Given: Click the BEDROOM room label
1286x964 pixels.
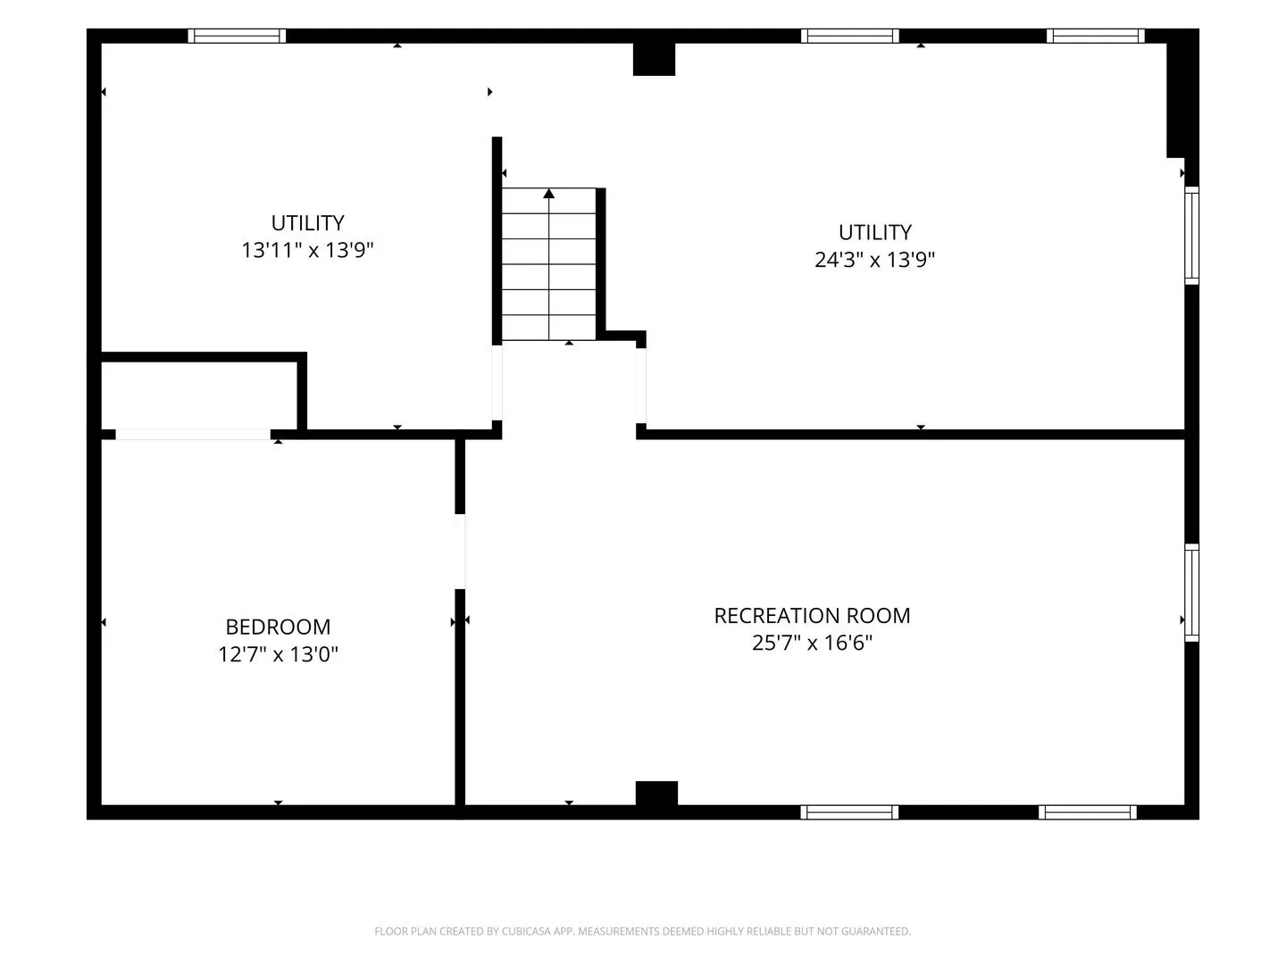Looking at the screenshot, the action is (x=278, y=627).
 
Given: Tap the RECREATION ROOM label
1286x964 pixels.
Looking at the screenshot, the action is (x=812, y=616).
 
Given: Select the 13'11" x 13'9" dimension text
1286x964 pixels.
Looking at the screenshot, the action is (x=307, y=250).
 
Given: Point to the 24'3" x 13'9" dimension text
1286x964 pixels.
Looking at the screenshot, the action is (x=874, y=259).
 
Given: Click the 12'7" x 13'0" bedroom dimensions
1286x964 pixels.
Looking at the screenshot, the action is (x=279, y=653).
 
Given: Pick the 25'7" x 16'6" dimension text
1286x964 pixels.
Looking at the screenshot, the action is (x=812, y=643).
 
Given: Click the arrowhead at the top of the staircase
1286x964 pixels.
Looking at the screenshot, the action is (x=548, y=193).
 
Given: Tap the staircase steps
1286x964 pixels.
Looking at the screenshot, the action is (x=548, y=264).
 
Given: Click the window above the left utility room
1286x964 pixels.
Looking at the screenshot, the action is (x=237, y=36).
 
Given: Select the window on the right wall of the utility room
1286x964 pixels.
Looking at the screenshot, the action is (x=1191, y=236).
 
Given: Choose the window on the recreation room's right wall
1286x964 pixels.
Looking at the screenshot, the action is (x=1191, y=593).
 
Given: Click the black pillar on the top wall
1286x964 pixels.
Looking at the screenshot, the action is (x=654, y=59).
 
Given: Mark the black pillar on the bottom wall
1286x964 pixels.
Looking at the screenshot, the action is (x=656, y=794).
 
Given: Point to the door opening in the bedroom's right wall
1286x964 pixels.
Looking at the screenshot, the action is (x=460, y=552).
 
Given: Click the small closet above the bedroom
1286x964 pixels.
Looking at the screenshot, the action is (x=199, y=395).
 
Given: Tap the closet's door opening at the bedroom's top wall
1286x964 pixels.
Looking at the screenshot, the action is (x=193, y=435).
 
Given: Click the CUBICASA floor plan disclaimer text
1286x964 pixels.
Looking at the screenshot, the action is (x=643, y=931).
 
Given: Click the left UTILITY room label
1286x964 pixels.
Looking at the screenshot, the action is (x=307, y=223).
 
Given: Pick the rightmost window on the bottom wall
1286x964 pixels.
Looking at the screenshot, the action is (x=1088, y=812).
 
